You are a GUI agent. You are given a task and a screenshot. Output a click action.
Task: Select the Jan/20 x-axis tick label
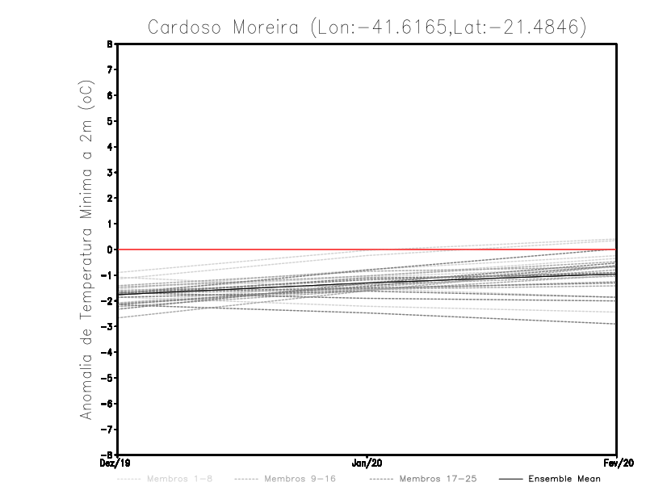[x=367, y=464]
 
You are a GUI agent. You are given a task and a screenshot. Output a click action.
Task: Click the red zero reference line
[x=367, y=249]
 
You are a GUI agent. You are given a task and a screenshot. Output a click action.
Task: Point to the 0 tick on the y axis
[x=111, y=249]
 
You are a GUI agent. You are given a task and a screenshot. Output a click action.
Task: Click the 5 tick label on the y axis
[x=111, y=121]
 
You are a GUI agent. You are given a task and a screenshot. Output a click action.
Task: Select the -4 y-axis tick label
[x=108, y=352]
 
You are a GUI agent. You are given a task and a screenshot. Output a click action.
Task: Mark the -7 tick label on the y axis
[x=108, y=429]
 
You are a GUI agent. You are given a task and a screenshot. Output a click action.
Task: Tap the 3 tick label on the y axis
[x=111, y=173]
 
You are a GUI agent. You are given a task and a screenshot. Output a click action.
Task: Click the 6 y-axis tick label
[x=111, y=95]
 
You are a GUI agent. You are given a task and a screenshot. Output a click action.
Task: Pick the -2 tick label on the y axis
[x=108, y=300]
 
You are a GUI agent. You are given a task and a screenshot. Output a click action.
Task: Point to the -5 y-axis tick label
[x=108, y=378]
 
